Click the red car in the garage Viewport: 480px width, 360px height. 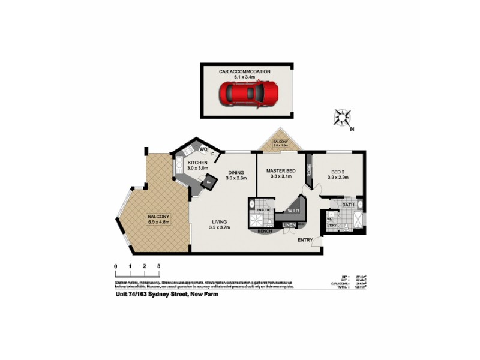tap(249, 94)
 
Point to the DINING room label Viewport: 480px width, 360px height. tap(236, 174)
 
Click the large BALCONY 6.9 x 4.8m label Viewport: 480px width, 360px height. tap(159, 219)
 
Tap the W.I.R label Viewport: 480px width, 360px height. tap(293, 210)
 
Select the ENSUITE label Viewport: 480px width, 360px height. tap(263, 210)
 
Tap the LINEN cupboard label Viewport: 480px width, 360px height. tap(290, 225)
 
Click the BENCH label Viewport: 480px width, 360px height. tap(265, 231)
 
